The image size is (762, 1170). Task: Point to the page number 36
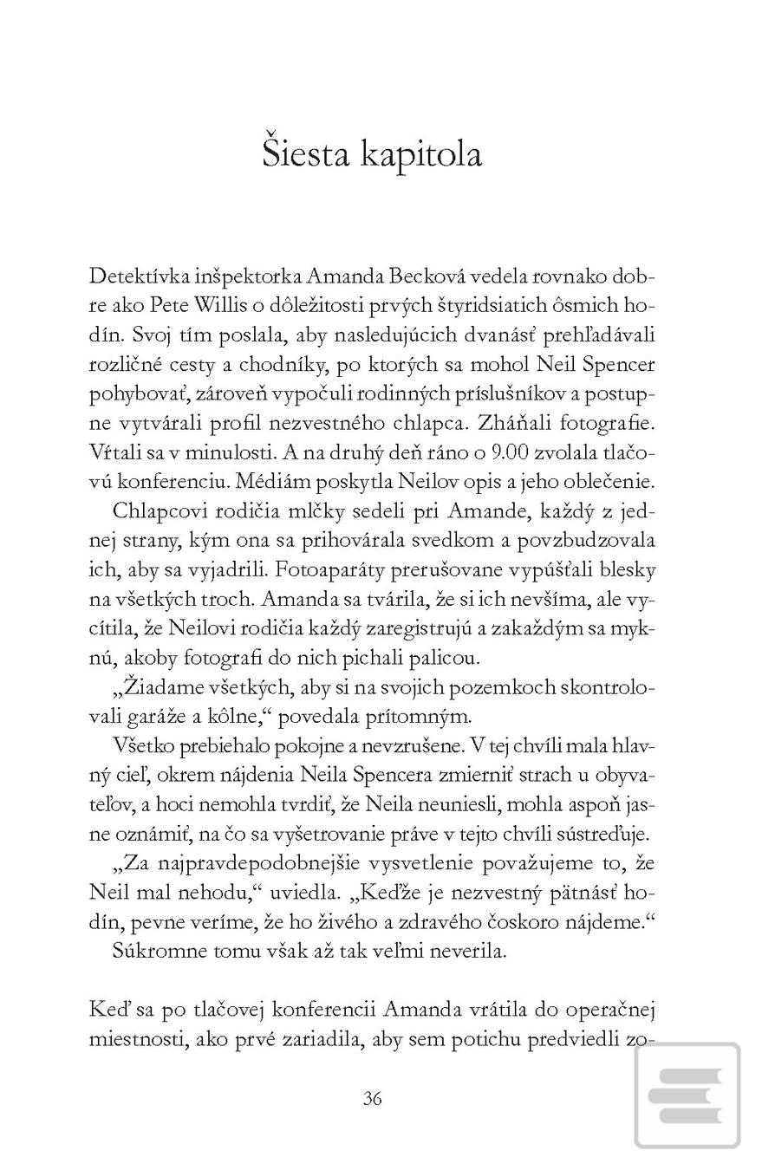pos(372,1098)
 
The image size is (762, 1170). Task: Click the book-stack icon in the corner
pos(687,1095)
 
